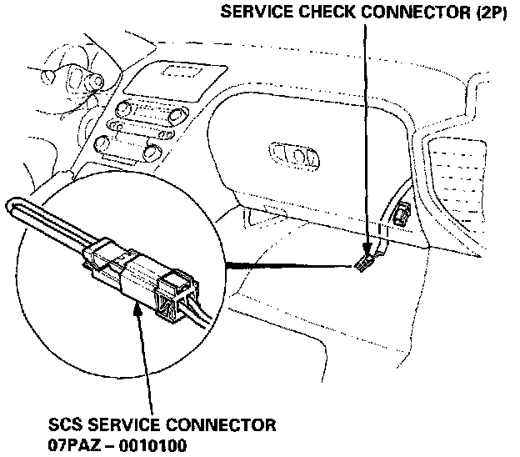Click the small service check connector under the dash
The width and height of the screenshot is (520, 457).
coord(363,264)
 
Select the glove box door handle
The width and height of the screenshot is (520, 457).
coord(293,154)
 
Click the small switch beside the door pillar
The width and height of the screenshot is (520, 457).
coord(402,216)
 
